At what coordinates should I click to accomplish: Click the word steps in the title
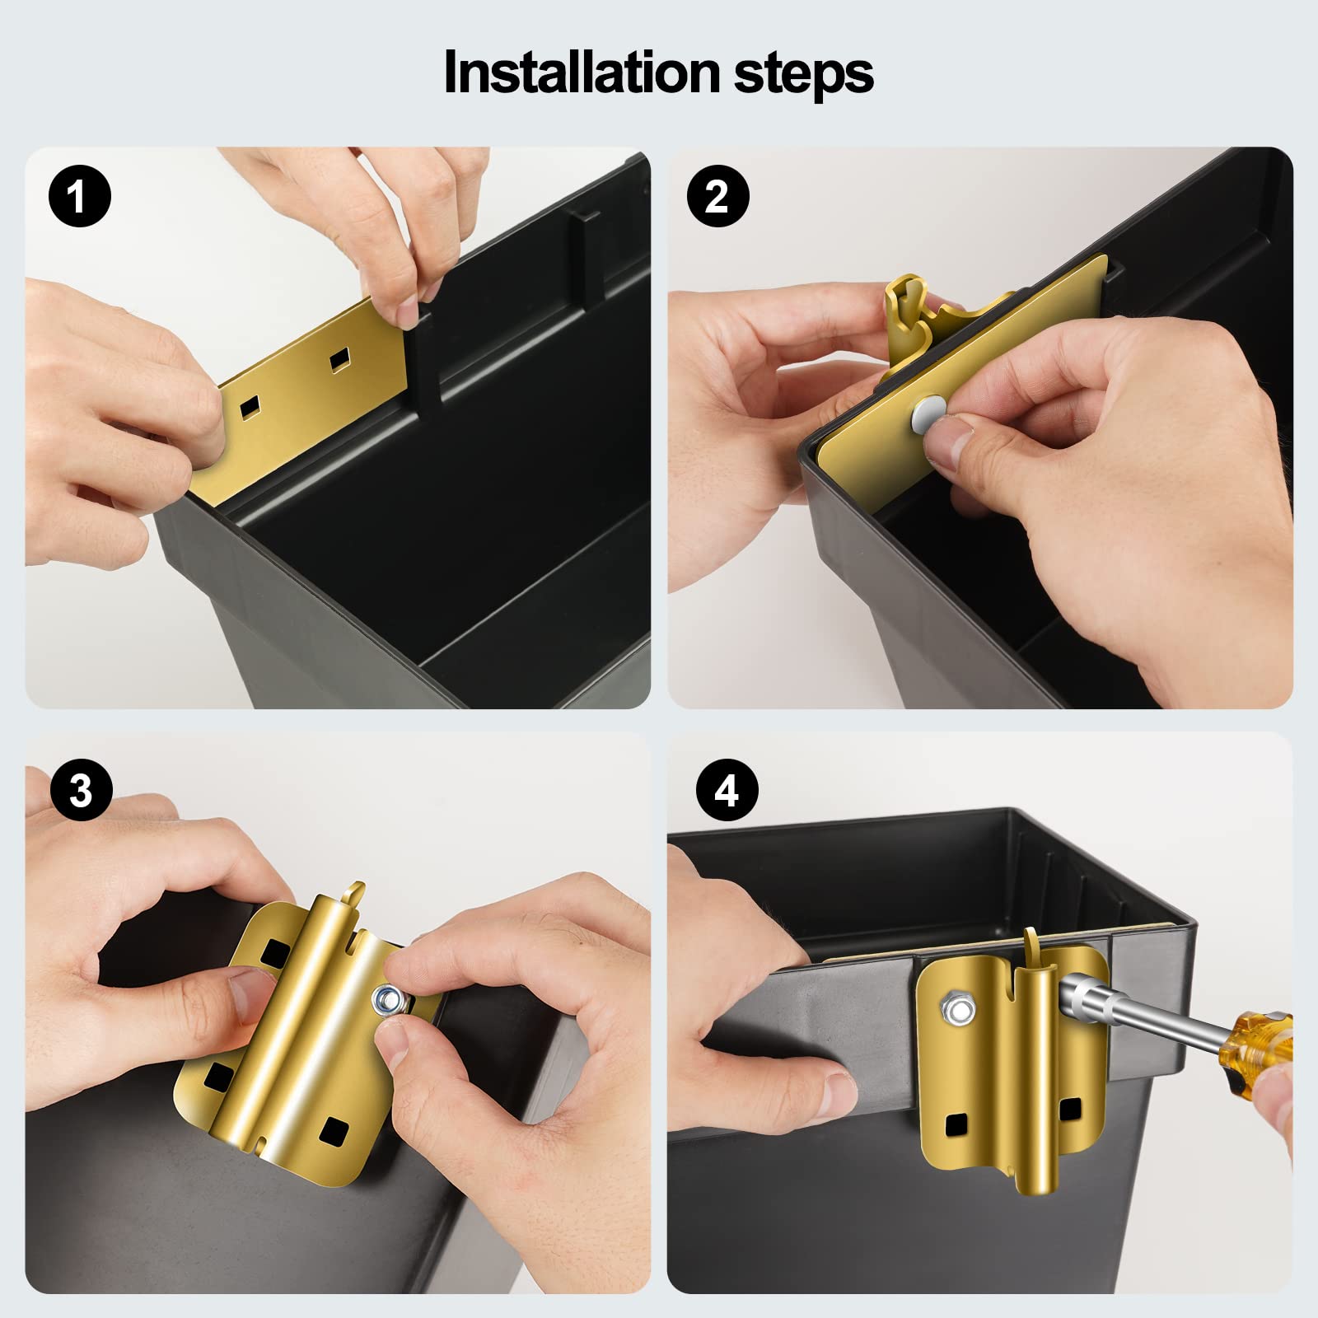(803, 76)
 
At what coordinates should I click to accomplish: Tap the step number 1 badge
(80, 198)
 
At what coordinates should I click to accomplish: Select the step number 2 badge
(717, 197)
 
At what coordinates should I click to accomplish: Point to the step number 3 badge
(81, 790)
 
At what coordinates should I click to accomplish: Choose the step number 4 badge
(726, 791)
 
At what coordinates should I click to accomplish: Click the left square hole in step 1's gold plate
(250, 404)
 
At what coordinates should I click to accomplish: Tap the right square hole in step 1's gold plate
(339, 360)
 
